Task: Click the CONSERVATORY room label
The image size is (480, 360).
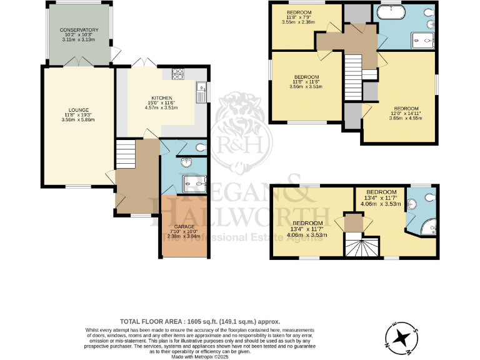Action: (x=79, y=30)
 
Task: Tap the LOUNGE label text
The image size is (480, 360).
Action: (x=79, y=110)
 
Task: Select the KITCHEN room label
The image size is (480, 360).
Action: (x=161, y=97)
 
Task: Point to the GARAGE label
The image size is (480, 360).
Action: (x=184, y=226)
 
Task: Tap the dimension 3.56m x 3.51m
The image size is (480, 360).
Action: (x=307, y=87)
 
